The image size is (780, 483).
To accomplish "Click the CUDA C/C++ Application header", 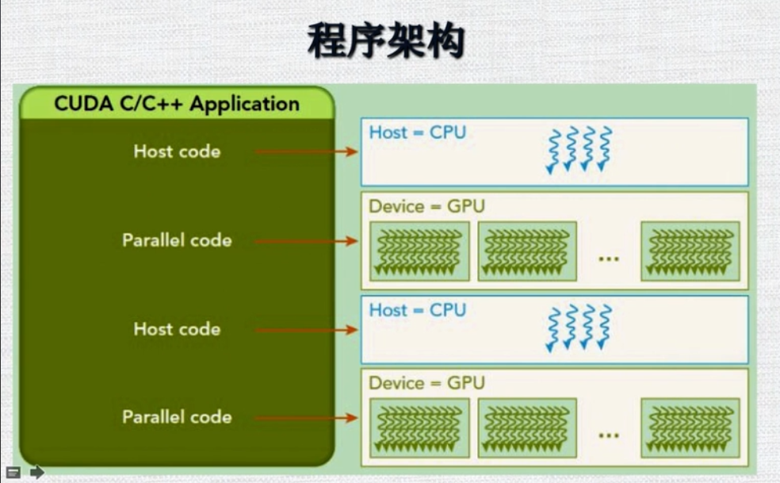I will click(177, 104).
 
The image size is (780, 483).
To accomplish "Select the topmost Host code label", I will click(177, 151).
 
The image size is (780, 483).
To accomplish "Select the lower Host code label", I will click(177, 329).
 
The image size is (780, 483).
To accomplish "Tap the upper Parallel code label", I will click(177, 240).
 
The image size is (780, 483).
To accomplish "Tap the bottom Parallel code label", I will click(177, 417).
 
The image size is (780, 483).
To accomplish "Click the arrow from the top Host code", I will click(307, 151).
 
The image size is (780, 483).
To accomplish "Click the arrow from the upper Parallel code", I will click(307, 241).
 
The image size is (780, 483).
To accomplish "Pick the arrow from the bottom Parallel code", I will click(307, 418).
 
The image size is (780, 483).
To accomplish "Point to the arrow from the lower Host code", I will click(307, 329).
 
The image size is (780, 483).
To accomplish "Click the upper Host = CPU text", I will click(417, 132).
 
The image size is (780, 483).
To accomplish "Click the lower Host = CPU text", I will click(417, 310).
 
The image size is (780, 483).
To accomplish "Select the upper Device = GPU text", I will click(426, 206).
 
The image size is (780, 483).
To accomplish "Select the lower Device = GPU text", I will click(426, 383).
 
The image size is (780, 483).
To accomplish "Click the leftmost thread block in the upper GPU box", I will click(419, 251).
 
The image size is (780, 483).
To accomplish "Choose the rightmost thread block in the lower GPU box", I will click(690, 428).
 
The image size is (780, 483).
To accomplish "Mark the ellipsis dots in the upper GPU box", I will click(608, 259).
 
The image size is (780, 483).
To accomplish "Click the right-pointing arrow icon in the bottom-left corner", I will click(36, 472).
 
